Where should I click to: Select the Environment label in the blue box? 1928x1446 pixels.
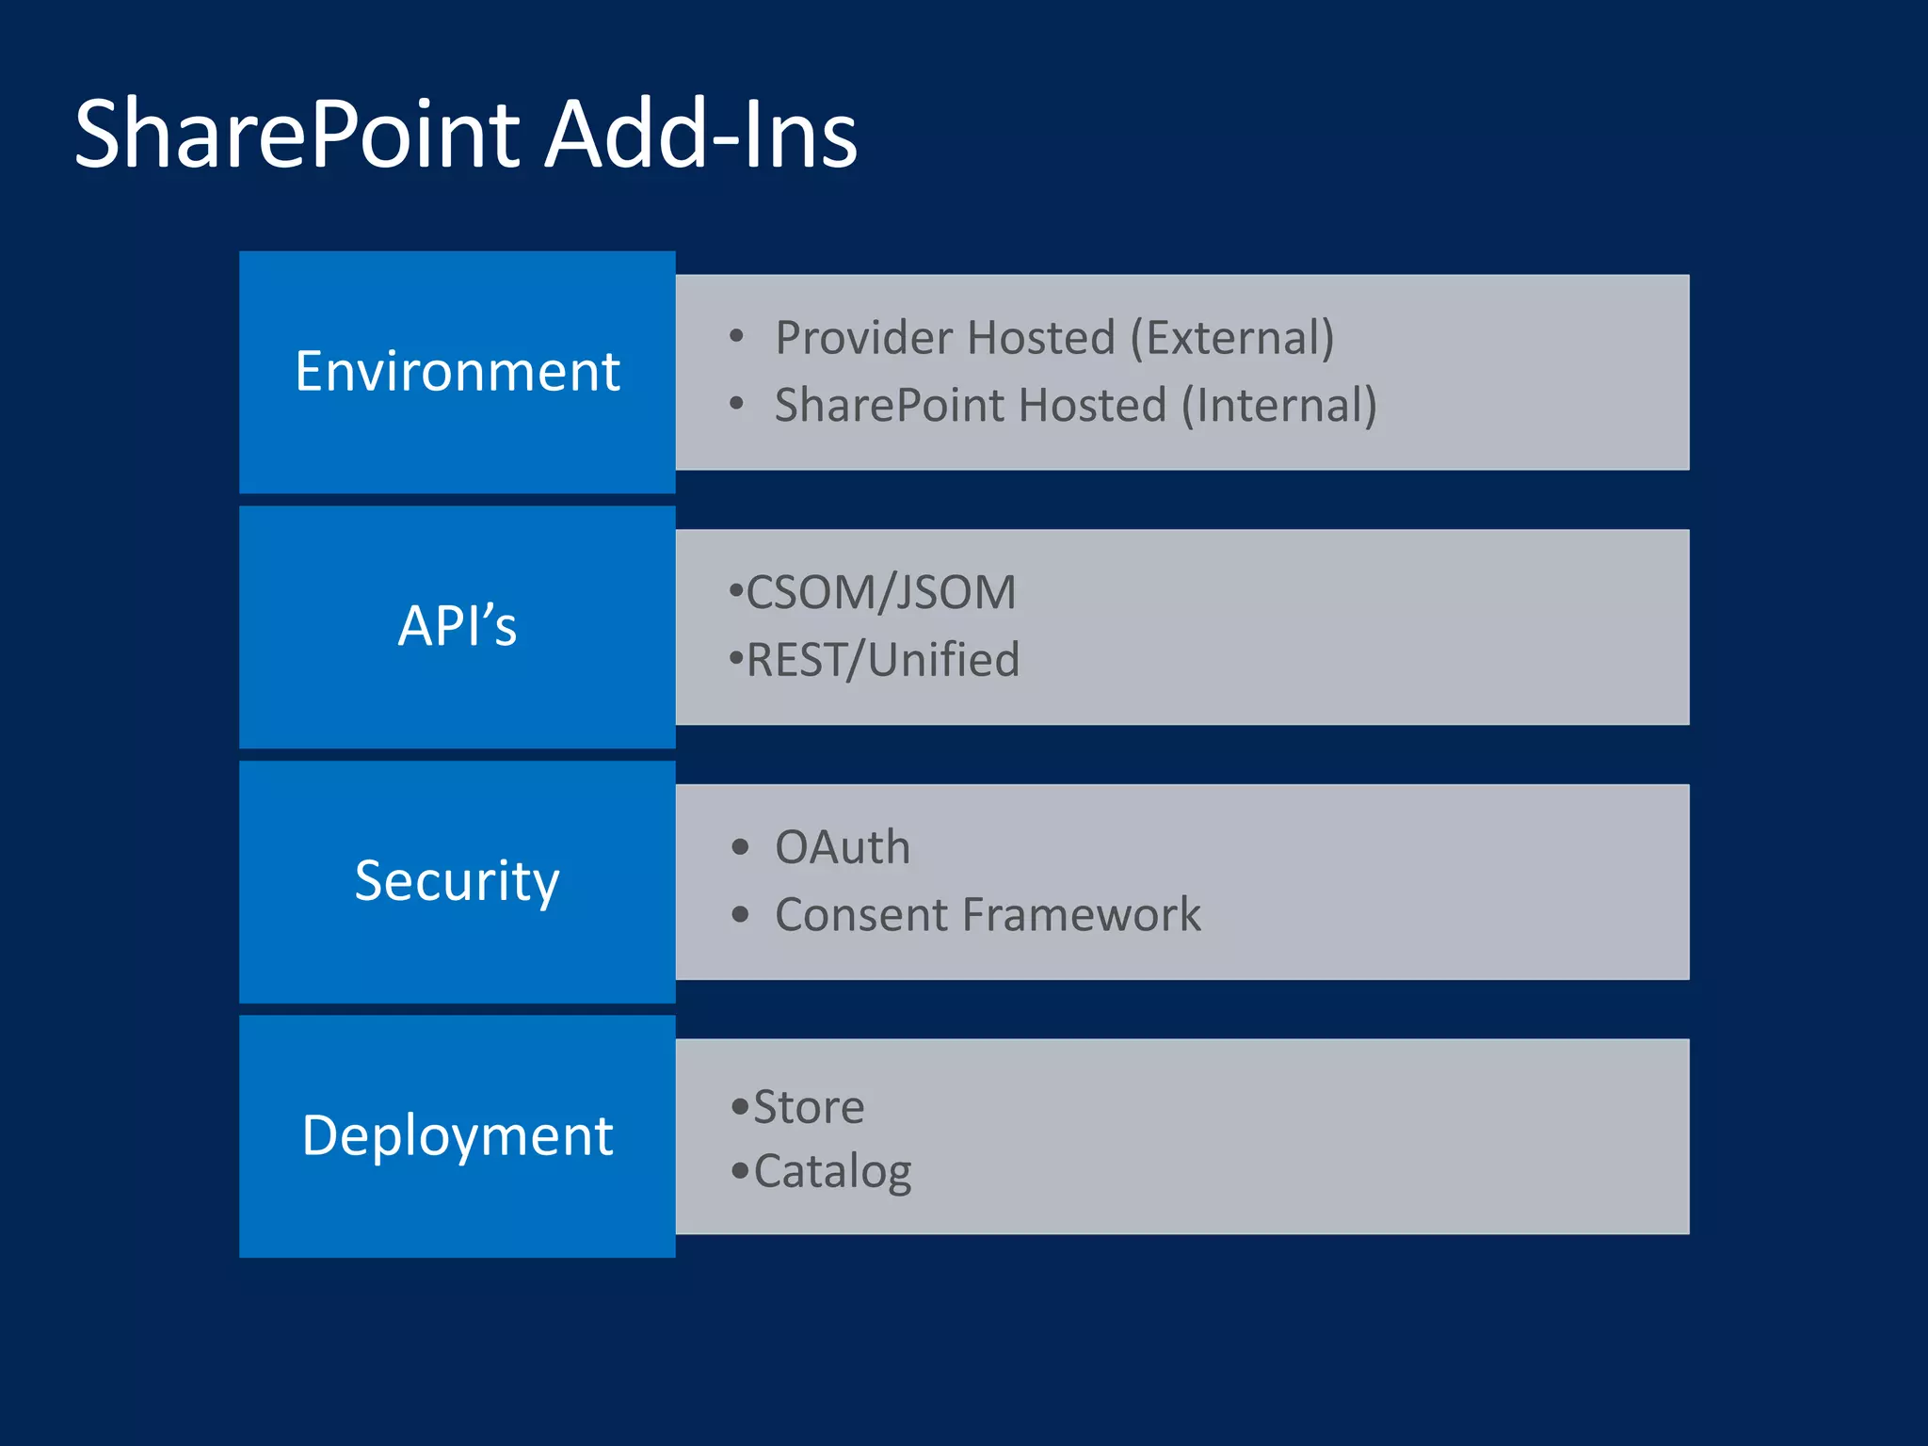458,371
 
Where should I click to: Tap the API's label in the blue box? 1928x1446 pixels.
458,626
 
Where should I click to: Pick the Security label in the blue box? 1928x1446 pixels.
458,881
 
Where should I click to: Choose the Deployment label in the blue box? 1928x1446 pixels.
458,1135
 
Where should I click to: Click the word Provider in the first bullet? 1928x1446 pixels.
862,338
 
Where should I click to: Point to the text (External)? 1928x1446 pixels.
1231,338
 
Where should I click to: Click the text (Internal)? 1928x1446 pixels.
1278,406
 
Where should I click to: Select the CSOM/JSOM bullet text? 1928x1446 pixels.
880,593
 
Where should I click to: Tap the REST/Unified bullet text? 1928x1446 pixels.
882,660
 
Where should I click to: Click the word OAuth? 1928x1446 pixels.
843,847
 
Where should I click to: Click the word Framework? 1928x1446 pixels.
1081,915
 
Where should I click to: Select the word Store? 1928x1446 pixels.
809,1107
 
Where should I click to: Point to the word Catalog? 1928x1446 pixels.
832,1172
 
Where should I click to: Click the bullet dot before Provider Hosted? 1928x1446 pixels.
736,336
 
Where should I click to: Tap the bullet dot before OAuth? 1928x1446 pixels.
740,847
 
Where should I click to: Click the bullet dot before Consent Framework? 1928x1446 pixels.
740,914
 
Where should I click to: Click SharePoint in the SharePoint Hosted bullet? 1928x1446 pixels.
890,406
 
